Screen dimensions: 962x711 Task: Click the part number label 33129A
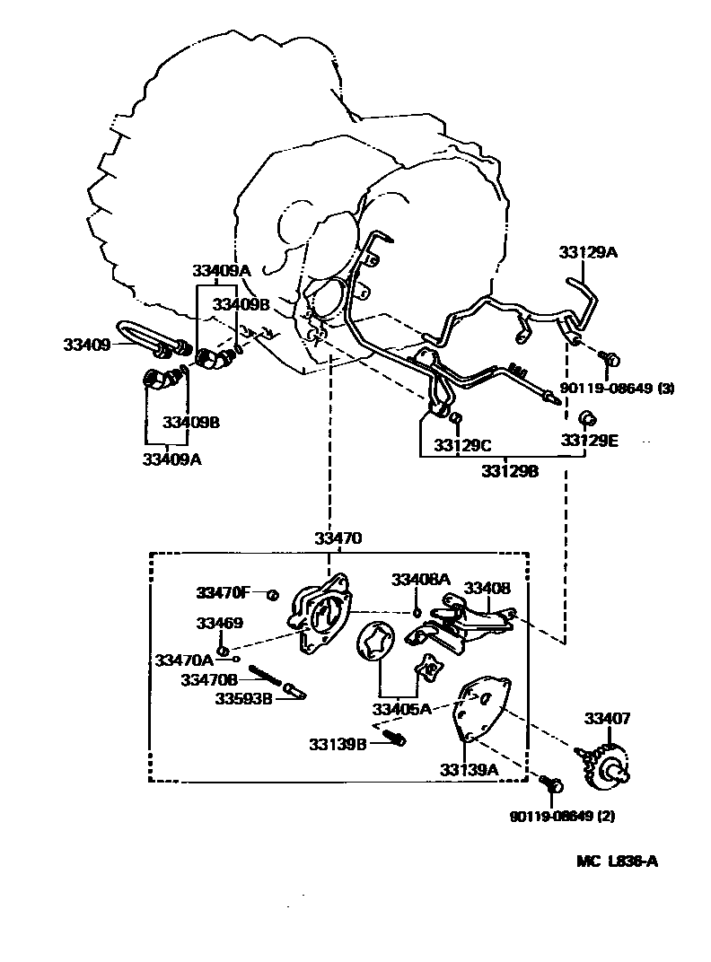tap(588, 253)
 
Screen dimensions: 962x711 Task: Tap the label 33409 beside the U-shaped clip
tap(85, 344)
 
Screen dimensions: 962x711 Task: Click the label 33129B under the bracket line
tap(509, 470)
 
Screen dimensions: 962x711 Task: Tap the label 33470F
tap(224, 592)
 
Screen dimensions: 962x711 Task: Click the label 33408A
tap(420, 580)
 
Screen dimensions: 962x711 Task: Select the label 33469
tap(220, 623)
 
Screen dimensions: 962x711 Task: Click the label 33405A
tap(401, 709)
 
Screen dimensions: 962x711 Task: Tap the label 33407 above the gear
tap(608, 718)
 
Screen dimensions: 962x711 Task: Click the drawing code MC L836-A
tap(617, 861)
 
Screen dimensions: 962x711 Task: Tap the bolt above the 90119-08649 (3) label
tap(610, 361)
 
